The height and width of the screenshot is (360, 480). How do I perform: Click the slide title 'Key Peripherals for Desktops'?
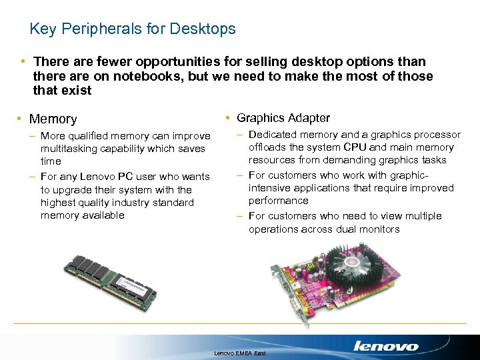(133, 29)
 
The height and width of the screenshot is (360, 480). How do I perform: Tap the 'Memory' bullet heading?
(53, 119)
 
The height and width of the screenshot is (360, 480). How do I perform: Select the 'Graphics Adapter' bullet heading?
(283, 118)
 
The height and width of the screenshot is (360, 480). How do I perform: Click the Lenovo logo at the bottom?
(386, 346)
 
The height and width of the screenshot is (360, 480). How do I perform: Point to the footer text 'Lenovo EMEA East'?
(239, 352)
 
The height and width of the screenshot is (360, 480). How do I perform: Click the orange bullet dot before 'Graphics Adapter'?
(228, 118)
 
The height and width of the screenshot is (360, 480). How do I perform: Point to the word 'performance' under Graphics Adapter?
(279, 201)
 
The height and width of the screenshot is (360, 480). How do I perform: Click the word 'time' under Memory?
(51, 161)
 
